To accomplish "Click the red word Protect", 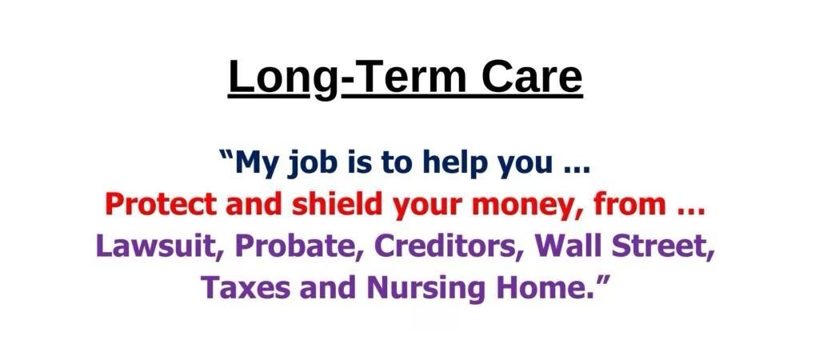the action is [x=160, y=204].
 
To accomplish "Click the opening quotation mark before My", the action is [x=227, y=155].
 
